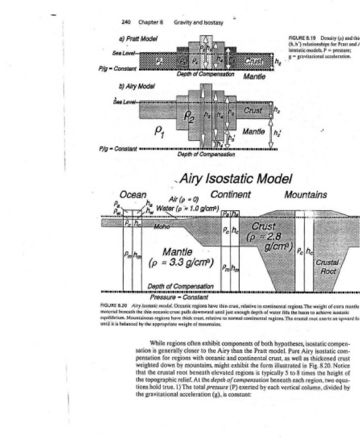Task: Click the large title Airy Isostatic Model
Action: click(x=235, y=178)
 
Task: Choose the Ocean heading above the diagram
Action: click(x=133, y=195)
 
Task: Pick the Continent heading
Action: click(x=230, y=194)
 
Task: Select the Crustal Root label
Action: click(x=328, y=267)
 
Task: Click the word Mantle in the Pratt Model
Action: click(x=254, y=77)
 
